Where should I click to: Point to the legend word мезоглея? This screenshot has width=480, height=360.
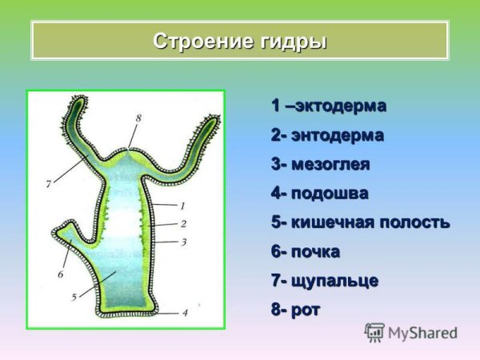pyautogui.click(x=330, y=165)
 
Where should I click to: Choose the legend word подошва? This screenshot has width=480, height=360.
pyautogui.click(x=330, y=194)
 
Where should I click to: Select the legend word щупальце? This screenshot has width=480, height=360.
pyautogui.click(x=334, y=281)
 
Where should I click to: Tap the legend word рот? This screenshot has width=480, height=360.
pyautogui.click(x=306, y=310)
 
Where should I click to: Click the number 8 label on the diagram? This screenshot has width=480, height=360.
pyautogui.click(x=138, y=118)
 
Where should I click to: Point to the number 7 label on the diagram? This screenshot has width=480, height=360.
pyautogui.click(x=49, y=183)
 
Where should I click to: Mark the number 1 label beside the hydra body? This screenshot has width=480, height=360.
pyautogui.click(x=182, y=206)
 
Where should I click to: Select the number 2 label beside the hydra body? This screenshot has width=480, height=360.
pyautogui.click(x=183, y=223)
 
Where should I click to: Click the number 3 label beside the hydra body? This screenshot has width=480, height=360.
pyautogui.click(x=183, y=241)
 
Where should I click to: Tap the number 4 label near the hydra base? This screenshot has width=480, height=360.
pyautogui.click(x=185, y=313)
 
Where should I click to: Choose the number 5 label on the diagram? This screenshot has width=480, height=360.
pyautogui.click(x=74, y=297)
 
